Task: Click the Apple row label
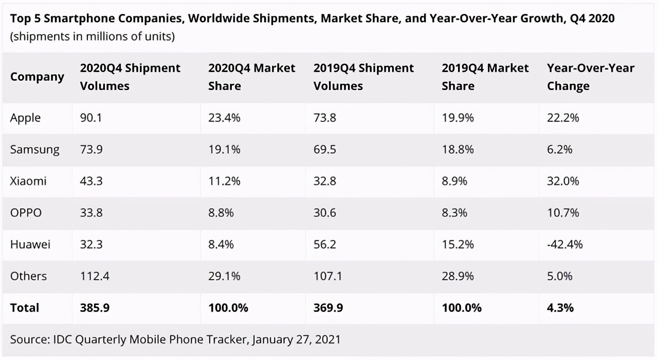point(25,118)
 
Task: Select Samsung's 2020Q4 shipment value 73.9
point(91,150)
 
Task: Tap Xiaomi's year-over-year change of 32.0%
point(563,181)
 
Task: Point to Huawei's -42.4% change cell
point(564,244)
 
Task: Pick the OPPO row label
point(26,212)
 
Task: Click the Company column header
point(37,77)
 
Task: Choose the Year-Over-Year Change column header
point(590,77)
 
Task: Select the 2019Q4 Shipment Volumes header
point(363,77)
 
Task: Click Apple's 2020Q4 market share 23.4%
point(224,118)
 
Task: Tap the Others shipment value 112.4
point(94,276)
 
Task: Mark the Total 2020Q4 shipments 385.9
point(95,308)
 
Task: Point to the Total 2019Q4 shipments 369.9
point(328,308)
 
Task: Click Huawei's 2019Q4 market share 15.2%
point(458,244)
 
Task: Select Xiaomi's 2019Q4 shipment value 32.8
point(324,181)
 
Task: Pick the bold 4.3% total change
point(560,308)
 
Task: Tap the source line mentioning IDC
point(175,339)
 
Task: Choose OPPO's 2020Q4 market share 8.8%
point(221,212)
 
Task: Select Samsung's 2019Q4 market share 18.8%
point(458,150)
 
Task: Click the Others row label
point(28,276)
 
